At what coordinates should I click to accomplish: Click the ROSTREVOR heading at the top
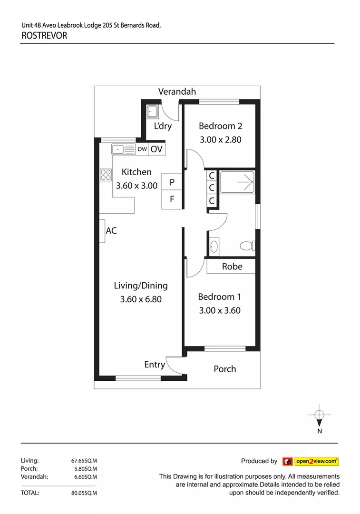pos(44,35)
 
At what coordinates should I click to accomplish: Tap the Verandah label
pos(177,92)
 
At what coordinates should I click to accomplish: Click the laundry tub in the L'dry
pos(153,111)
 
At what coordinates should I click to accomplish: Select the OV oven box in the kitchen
pos(156,149)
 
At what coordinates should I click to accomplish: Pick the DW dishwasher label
pos(142,149)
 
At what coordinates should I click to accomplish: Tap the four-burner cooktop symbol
pos(105,175)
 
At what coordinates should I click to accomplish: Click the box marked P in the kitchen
pos(172,182)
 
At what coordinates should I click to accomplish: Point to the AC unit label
pos(111,231)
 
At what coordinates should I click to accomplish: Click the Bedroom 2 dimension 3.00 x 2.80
pos(220,140)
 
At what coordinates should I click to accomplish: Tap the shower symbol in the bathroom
pos(238,181)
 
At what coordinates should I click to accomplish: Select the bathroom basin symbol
pos(214,247)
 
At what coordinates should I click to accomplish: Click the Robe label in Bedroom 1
pos(232,267)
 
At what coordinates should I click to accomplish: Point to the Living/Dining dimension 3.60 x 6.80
pos(140,299)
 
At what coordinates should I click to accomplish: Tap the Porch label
pos(224,369)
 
